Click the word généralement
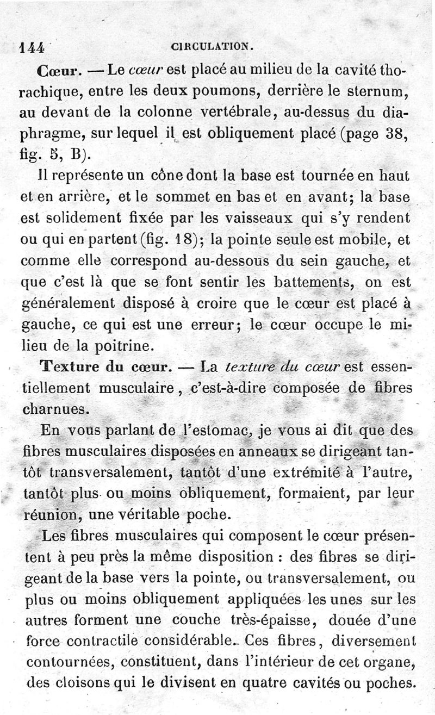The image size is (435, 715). coord(68,302)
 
